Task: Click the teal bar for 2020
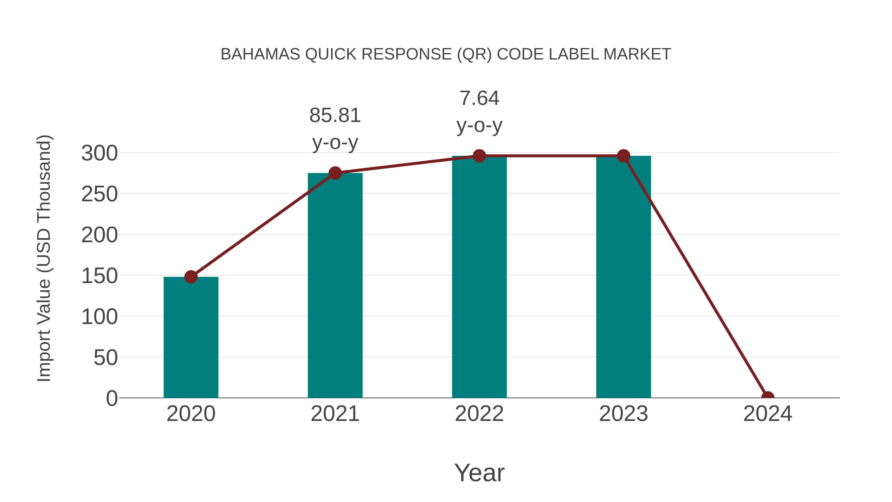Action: [x=191, y=338]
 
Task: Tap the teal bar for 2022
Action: [x=479, y=277]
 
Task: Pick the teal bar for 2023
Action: [x=623, y=277]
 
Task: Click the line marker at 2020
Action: [x=191, y=277]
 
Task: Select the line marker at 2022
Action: [x=479, y=156]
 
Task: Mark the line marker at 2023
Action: [x=623, y=156]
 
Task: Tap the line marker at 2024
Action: [x=768, y=397]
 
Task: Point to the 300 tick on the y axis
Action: [x=99, y=153]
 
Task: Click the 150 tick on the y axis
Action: [x=99, y=276]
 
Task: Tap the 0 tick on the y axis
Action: [x=111, y=398]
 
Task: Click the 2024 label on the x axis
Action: [x=768, y=414]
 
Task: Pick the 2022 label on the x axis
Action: [x=479, y=414]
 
